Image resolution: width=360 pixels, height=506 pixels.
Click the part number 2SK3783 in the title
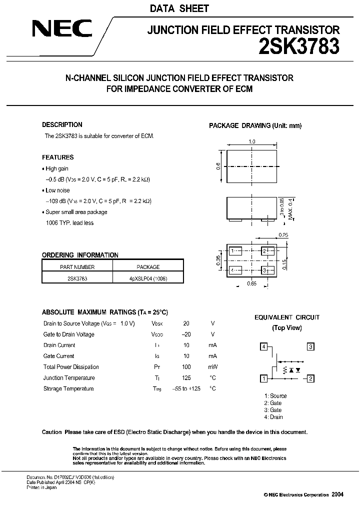click(x=299, y=46)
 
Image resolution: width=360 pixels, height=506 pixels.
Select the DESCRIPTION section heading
click(x=62, y=125)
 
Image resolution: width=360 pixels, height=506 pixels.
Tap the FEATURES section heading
click(x=57, y=157)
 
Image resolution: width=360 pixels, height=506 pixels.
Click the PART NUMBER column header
click(x=77, y=267)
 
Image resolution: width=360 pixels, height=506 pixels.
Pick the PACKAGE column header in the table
click(x=148, y=267)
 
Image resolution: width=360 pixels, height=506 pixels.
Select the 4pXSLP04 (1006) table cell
click(x=148, y=278)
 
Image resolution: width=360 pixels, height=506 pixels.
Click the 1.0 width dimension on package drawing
click(x=252, y=142)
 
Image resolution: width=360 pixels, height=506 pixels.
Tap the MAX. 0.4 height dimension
click(x=289, y=207)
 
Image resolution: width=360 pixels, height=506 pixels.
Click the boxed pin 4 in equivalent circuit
click(x=263, y=346)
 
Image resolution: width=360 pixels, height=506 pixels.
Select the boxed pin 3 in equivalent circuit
click(x=310, y=346)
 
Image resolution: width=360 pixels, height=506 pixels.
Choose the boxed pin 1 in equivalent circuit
click(x=263, y=378)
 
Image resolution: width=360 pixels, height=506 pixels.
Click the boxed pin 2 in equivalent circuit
click(x=310, y=378)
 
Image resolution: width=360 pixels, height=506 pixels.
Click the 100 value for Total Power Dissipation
click(x=186, y=367)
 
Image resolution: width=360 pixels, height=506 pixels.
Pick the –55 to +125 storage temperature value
click(x=186, y=389)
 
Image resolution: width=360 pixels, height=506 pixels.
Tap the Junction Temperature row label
click(x=68, y=378)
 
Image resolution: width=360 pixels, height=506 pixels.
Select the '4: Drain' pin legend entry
click(x=273, y=417)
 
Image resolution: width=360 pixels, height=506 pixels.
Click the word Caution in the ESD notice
click(x=52, y=432)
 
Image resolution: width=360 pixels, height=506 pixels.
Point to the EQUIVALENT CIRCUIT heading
click(x=287, y=317)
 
